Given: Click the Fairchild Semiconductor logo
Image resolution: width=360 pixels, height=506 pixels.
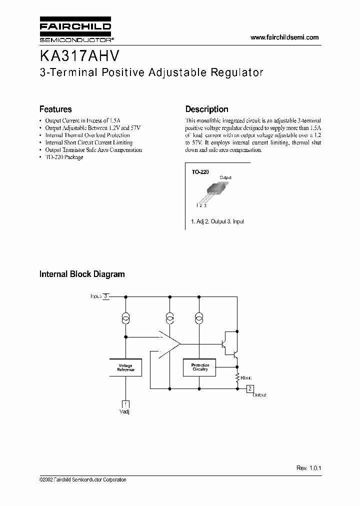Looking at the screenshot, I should click(75, 30).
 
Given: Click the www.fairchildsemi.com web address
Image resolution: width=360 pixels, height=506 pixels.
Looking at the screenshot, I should click(284, 37).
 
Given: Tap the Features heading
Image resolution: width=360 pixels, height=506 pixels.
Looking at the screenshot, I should click(55, 109).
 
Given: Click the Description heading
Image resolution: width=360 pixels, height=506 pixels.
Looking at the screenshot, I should click(206, 109).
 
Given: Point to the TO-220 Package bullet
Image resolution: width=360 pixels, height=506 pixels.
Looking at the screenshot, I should click(63, 157).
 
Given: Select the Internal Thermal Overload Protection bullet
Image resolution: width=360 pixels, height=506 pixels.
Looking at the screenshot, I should click(87, 135).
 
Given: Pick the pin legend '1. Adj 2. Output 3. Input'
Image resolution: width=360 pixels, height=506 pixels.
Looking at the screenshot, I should click(217, 221).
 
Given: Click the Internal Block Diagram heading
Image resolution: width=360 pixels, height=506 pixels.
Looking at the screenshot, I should click(82, 274).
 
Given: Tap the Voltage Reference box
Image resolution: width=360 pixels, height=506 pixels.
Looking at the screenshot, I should click(125, 367).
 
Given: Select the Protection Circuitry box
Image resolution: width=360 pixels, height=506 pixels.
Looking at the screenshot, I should click(200, 367).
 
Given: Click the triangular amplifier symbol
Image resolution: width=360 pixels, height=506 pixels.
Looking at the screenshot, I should click(169, 344).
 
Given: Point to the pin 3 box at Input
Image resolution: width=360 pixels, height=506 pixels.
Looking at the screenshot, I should click(105, 296).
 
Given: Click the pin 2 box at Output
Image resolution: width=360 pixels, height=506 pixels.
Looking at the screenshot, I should click(250, 388).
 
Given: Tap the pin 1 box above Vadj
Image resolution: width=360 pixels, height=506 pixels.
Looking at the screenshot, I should click(125, 403).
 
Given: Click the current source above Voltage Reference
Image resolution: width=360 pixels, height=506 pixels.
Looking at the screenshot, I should click(125, 318).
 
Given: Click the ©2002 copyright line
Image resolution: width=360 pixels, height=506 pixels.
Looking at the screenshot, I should click(82, 480).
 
